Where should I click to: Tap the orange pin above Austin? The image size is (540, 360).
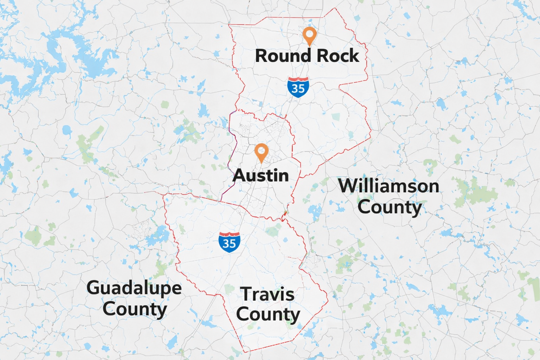click(261, 152)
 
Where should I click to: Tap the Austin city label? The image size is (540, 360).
click(261, 175)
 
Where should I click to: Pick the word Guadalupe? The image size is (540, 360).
click(134, 288)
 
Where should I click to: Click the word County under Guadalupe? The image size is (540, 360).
click(135, 309)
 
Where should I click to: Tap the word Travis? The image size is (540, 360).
click(267, 294)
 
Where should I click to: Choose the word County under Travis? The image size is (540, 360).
click(268, 314)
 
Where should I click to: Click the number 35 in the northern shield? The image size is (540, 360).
click(298, 89)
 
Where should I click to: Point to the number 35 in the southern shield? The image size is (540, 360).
click(229, 243)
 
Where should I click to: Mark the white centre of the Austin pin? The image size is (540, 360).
click(261, 150)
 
